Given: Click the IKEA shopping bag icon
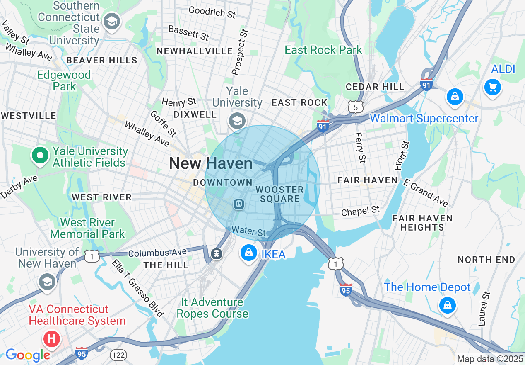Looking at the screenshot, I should (x=249, y=253).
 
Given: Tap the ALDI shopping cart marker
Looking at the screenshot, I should (x=492, y=87).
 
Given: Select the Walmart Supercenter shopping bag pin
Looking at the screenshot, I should (x=455, y=97).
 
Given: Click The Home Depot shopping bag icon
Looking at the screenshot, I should (x=447, y=306).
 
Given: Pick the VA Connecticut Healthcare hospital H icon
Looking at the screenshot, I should (x=51, y=339).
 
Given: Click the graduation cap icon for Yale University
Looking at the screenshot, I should (x=237, y=121).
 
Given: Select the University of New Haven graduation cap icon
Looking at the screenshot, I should (x=47, y=282).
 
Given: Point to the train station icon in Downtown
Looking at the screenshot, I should (x=239, y=204).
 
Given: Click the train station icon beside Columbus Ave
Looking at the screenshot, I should (x=216, y=253).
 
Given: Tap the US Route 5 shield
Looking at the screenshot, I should (x=356, y=107).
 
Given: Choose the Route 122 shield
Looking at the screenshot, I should (x=118, y=355).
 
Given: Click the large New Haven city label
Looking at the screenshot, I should (x=210, y=163).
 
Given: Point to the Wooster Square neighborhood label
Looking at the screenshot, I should (x=279, y=194).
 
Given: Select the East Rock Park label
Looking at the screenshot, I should (x=323, y=50).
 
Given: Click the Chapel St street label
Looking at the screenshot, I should (x=360, y=211).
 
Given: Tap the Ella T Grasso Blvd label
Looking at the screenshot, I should (x=137, y=288).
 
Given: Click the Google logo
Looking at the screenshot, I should (x=28, y=355).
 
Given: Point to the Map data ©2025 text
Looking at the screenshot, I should (x=490, y=359).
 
